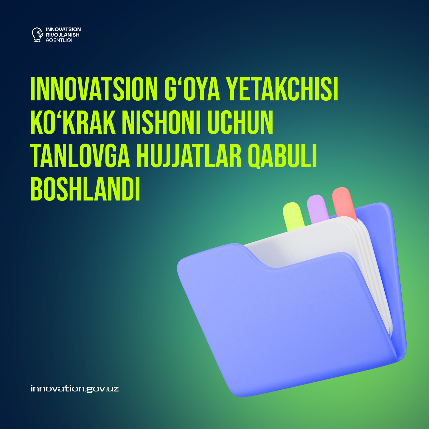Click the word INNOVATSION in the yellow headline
point(94,89)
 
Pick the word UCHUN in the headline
point(240,123)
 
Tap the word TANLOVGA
point(80,156)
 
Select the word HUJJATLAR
point(189,156)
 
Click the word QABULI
point(282,156)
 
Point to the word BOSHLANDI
point(85,189)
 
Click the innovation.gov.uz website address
point(75,389)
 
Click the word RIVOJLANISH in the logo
point(63,35)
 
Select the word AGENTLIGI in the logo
point(59,40)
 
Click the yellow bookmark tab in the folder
point(293,216)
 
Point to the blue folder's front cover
point(283,322)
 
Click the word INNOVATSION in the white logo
point(63,29)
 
